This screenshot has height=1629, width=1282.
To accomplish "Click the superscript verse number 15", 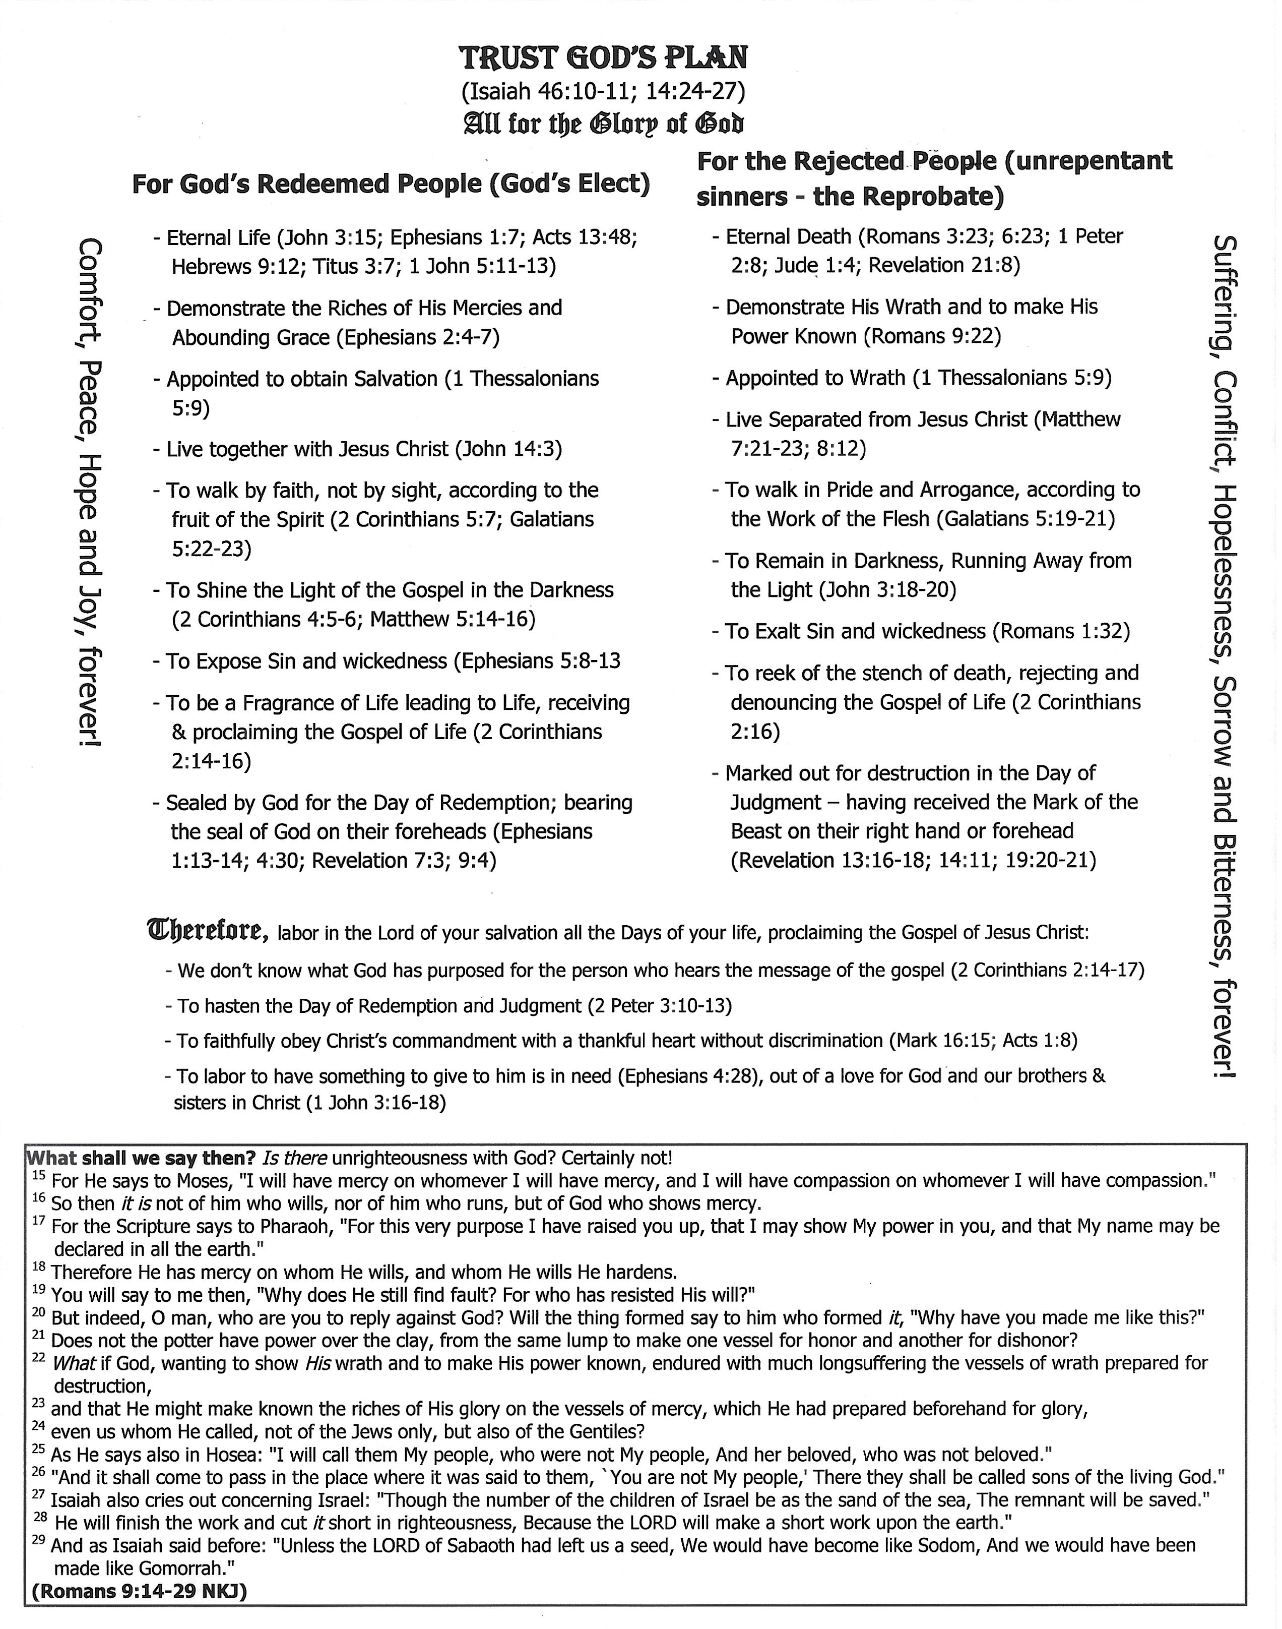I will click(39, 1175).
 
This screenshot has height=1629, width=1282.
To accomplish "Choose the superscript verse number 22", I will click(39, 1357).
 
